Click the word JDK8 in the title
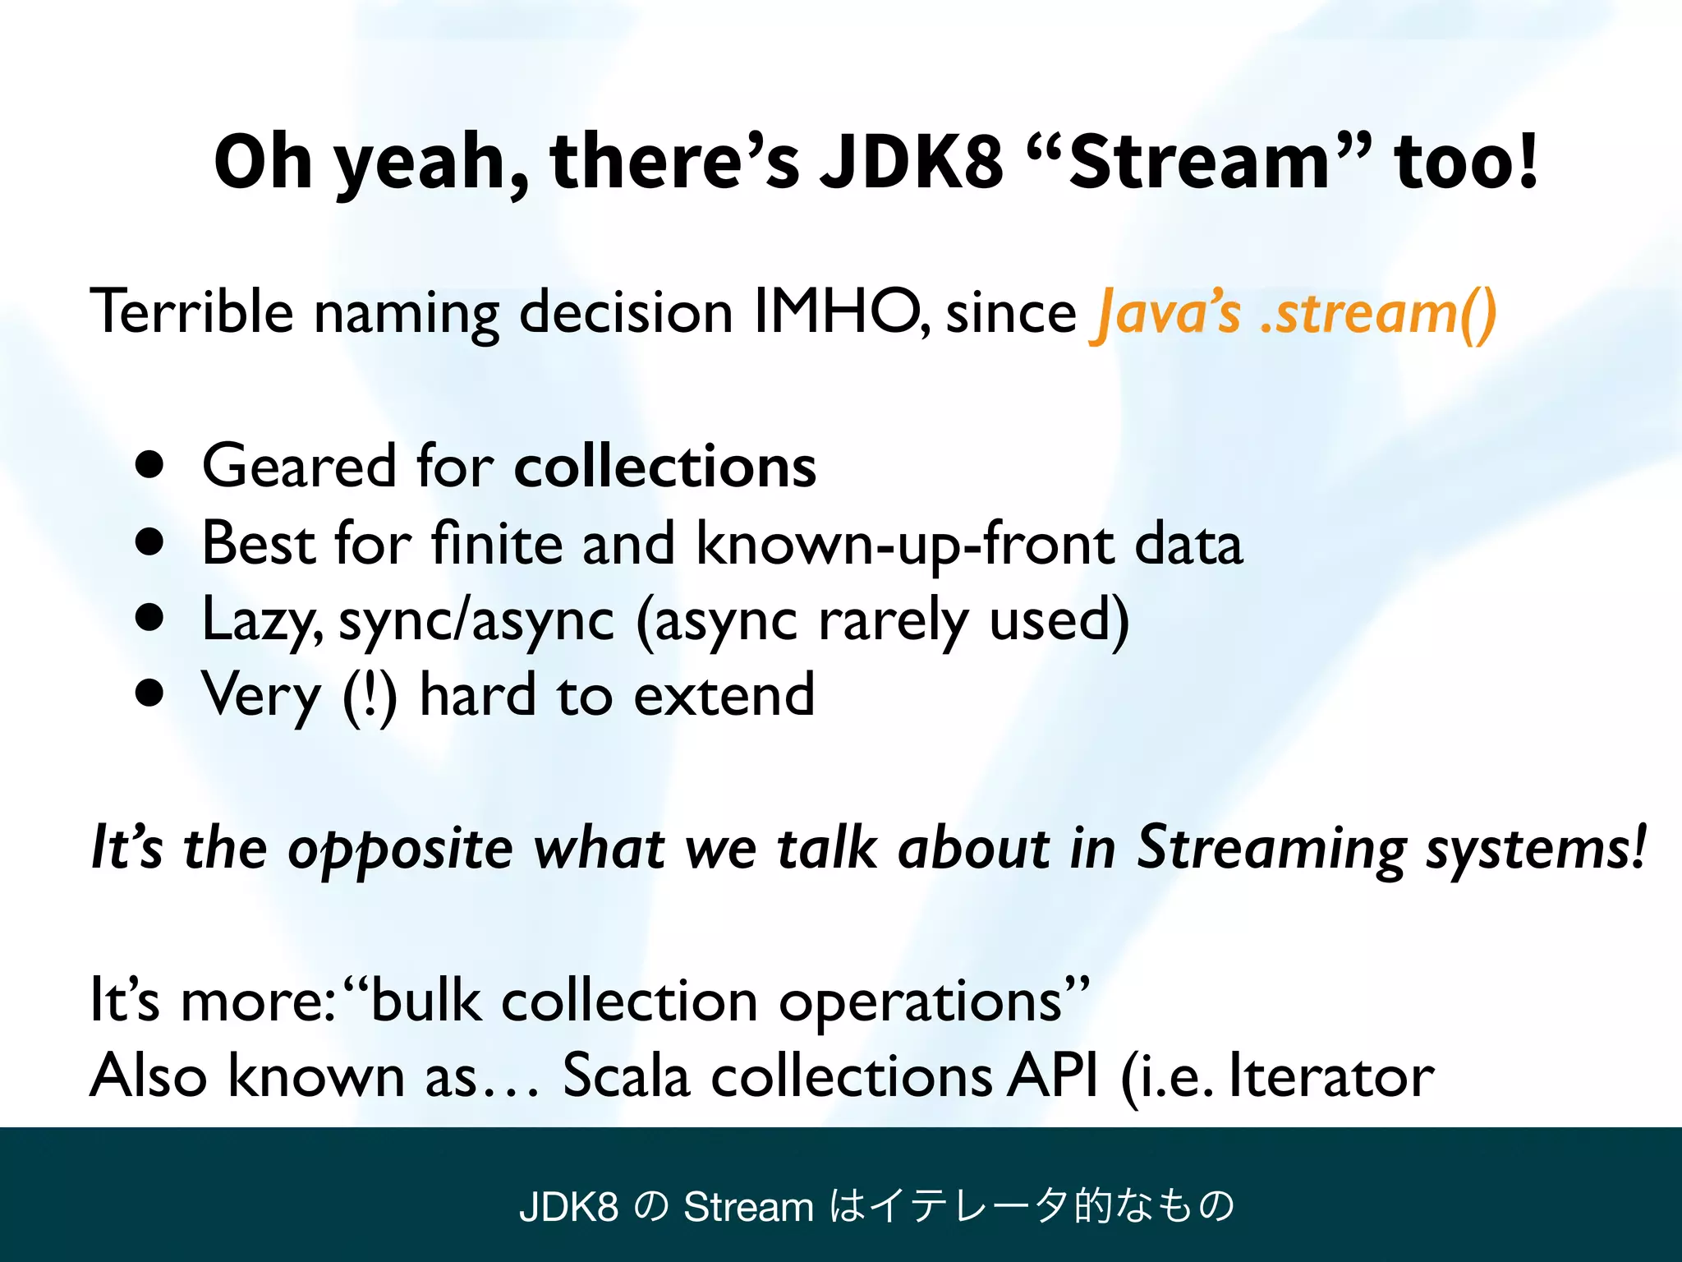coord(910,162)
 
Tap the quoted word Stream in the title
coord(1198,162)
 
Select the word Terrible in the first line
coord(191,312)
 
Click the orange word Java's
coord(1166,314)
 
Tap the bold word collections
coord(664,467)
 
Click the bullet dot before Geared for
coord(150,466)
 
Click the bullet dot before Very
coord(150,693)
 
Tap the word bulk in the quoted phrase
coord(425,1001)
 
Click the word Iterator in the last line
coord(1331,1076)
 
